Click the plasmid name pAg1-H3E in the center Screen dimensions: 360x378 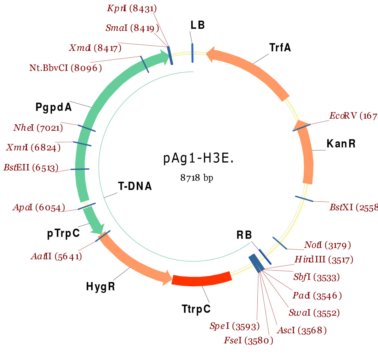click(198, 158)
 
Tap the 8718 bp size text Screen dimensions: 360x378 click(197, 178)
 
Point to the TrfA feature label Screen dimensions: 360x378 click(280, 48)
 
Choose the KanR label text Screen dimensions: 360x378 click(341, 143)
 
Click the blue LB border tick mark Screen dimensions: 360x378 click(192, 53)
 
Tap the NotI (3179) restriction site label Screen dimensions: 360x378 click(327, 245)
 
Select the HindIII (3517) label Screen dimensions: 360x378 click(324, 260)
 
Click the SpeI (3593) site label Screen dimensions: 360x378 click(235, 326)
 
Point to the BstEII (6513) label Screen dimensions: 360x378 click(31, 167)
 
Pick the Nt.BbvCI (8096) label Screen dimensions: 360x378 click(66, 68)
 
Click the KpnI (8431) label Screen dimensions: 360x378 click(132, 8)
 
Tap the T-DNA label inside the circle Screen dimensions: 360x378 click(135, 186)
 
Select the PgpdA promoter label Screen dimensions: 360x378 click(54, 107)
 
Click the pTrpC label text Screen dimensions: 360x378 click(63, 233)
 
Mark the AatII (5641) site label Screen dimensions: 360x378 click(56, 256)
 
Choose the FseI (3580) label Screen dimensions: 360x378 click(249, 340)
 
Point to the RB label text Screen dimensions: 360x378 click(244, 235)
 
